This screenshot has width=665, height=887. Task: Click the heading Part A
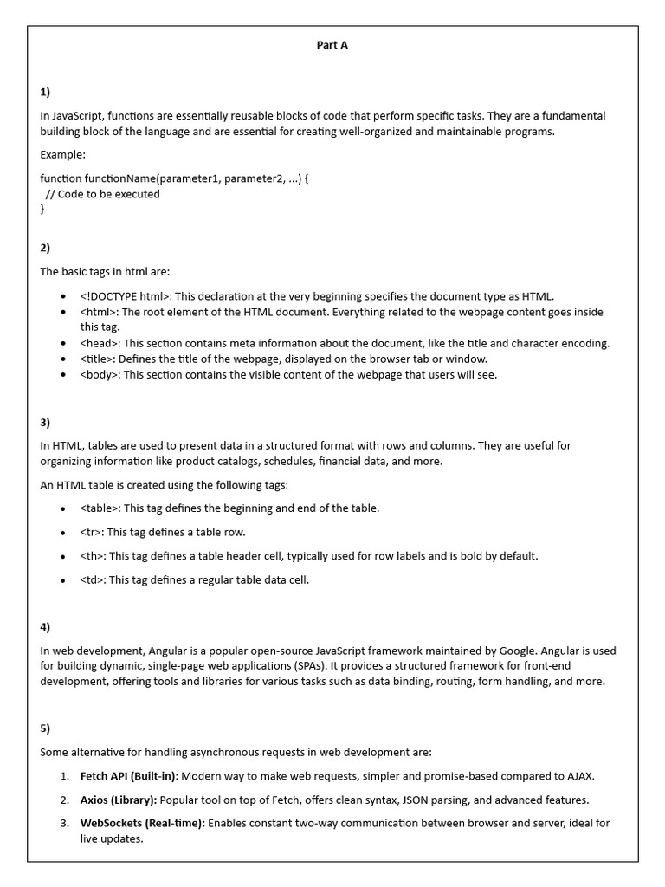[x=332, y=45]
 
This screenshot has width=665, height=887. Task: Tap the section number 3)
[x=46, y=423]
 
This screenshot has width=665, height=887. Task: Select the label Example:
[x=63, y=154]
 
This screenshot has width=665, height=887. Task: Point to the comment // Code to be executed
[x=102, y=194]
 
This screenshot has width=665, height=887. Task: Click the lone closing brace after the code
[x=42, y=209]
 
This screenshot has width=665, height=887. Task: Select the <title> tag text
[x=98, y=359]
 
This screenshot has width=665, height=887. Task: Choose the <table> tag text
[x=100, y=508]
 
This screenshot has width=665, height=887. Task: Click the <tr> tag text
[x=92, y=532]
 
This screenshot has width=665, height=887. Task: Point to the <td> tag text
[x=93, y=579]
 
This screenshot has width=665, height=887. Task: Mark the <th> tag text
[x=93, y=556]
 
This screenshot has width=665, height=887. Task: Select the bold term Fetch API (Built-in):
[x=129, y=776]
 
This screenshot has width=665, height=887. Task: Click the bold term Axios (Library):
[x=119, y=800]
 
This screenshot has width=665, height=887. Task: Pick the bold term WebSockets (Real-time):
[x=142, y=823]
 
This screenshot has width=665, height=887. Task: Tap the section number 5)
[x=46, y=728]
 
